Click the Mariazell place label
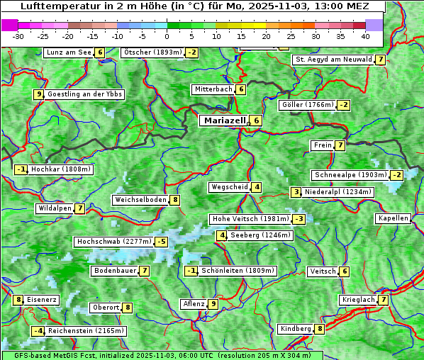[223, 120]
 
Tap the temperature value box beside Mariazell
[256, 120]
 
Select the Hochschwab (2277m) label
[113, 242]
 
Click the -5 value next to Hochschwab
[162, 242]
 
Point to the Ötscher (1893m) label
[152, 52]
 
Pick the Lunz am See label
[68, 52]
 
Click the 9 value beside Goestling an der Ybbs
[38, 94]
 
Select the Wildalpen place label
[55, 208]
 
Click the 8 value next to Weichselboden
[174, 200]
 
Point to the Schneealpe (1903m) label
[350, 175]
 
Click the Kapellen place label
[393, 218]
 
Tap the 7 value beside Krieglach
[383, 300]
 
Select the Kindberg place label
[296, 329]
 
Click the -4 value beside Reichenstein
[38, 331]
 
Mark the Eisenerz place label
[42, 300]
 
